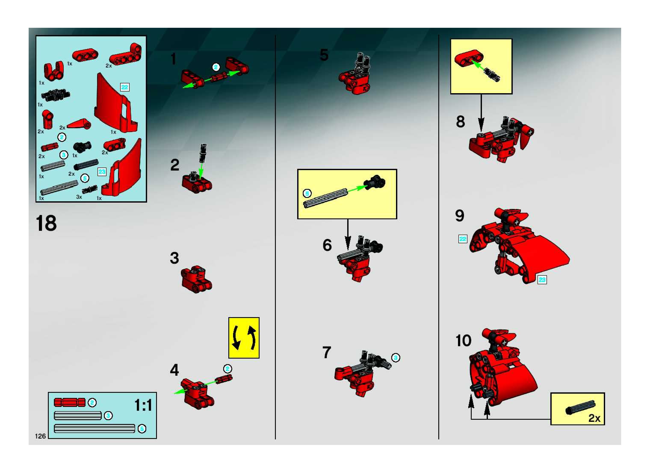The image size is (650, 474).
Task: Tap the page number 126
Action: point(40,436)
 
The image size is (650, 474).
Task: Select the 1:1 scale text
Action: point(143,405)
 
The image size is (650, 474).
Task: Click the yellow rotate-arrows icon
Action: point(244,337)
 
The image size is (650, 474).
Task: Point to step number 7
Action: point(327,352)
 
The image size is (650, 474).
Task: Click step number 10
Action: point(463,341)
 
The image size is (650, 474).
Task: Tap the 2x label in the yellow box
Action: point(594,418)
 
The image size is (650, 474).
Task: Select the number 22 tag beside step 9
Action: point(463,239)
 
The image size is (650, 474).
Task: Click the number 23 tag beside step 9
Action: point(542,280)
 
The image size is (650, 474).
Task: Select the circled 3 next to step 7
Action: point(396,358)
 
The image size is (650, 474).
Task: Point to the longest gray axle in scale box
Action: point(95,429)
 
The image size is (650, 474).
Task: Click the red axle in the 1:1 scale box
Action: point(70,402)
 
